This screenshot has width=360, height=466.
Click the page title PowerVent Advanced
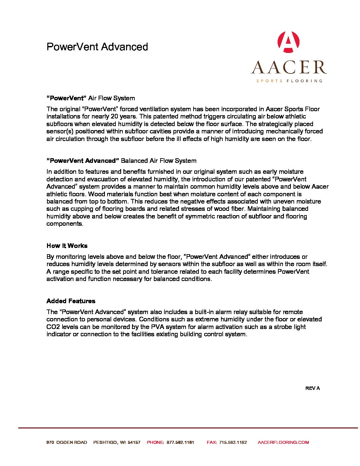(97, 47)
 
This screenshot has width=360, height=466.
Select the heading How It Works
(67, 246)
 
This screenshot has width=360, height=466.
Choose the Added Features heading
(71, 301)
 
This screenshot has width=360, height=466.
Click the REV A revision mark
(312, 388)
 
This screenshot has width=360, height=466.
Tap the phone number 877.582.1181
(180, 442)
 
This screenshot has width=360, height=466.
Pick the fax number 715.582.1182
(233, 442)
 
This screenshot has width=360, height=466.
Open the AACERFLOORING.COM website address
(283, 442)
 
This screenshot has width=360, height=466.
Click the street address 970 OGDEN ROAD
(67, 442)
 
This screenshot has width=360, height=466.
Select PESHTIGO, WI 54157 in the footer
(117, 442)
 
